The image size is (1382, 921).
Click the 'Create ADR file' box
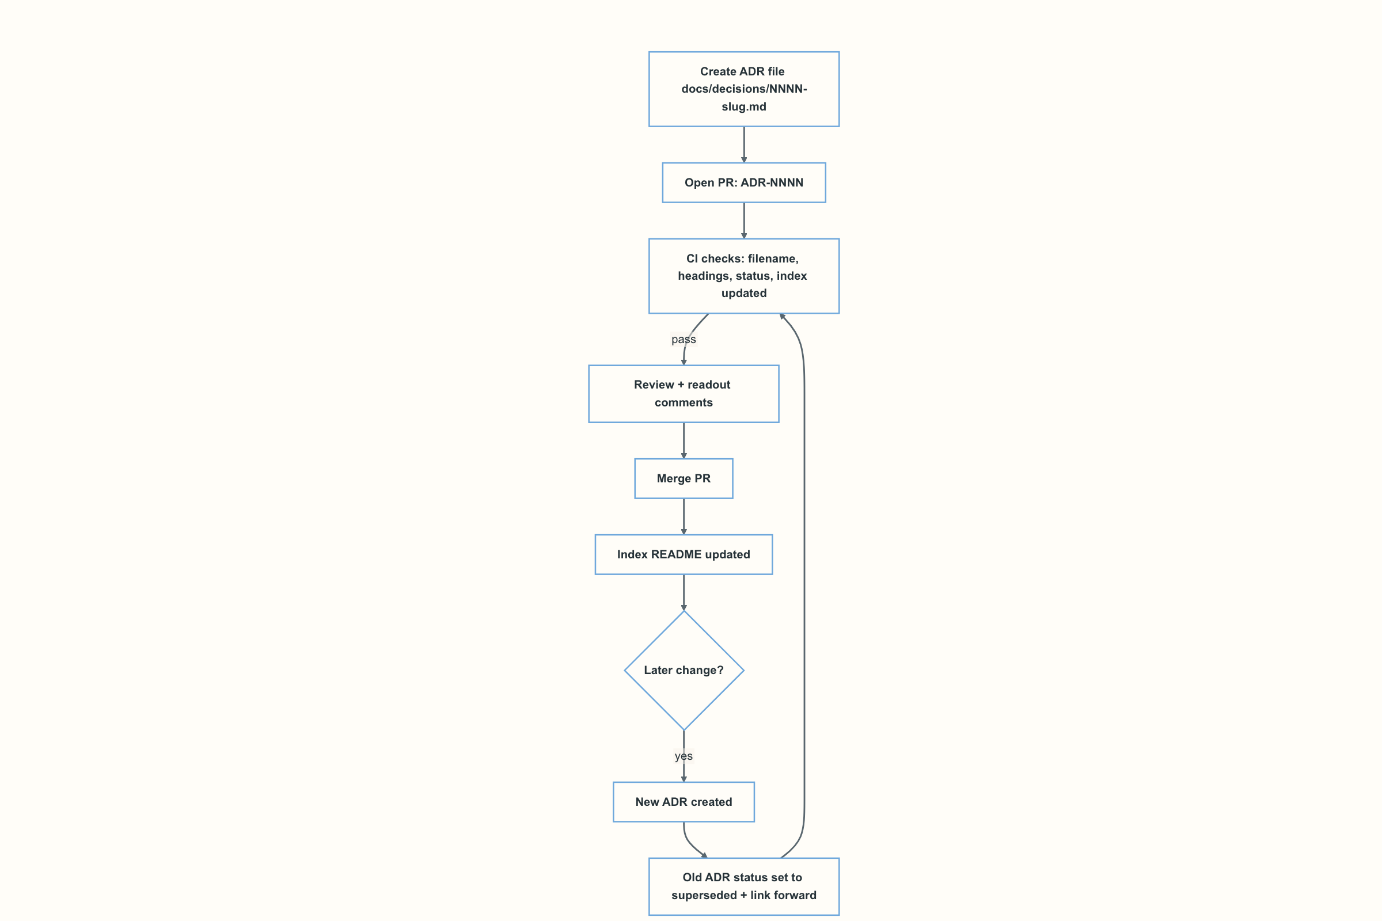pos(744,89)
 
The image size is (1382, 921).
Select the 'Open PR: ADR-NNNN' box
pos(744,182)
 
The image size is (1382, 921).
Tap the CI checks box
pos(744,276)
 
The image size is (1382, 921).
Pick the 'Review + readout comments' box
pos(684,394)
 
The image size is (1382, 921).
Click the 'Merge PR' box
pos(684,479)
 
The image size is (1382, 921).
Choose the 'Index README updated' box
pos(684,554)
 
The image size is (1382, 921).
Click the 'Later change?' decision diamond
pos(684,671)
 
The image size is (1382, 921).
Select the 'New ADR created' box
pos(684,802)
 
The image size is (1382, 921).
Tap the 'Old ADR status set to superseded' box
pos(744,887)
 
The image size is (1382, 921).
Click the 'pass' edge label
pos(684,340)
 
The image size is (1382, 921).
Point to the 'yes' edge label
pos(684,756)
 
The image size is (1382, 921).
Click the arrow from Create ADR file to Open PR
pos(744,144)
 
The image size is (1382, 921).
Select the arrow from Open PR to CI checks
pos(744,221)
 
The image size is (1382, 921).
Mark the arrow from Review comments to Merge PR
pos(684,440)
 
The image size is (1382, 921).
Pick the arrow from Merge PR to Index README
pos(684,517)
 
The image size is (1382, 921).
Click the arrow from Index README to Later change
pos(684,593)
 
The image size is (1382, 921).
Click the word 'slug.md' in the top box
pos(744,107)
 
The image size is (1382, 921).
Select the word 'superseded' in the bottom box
pos(704,896)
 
